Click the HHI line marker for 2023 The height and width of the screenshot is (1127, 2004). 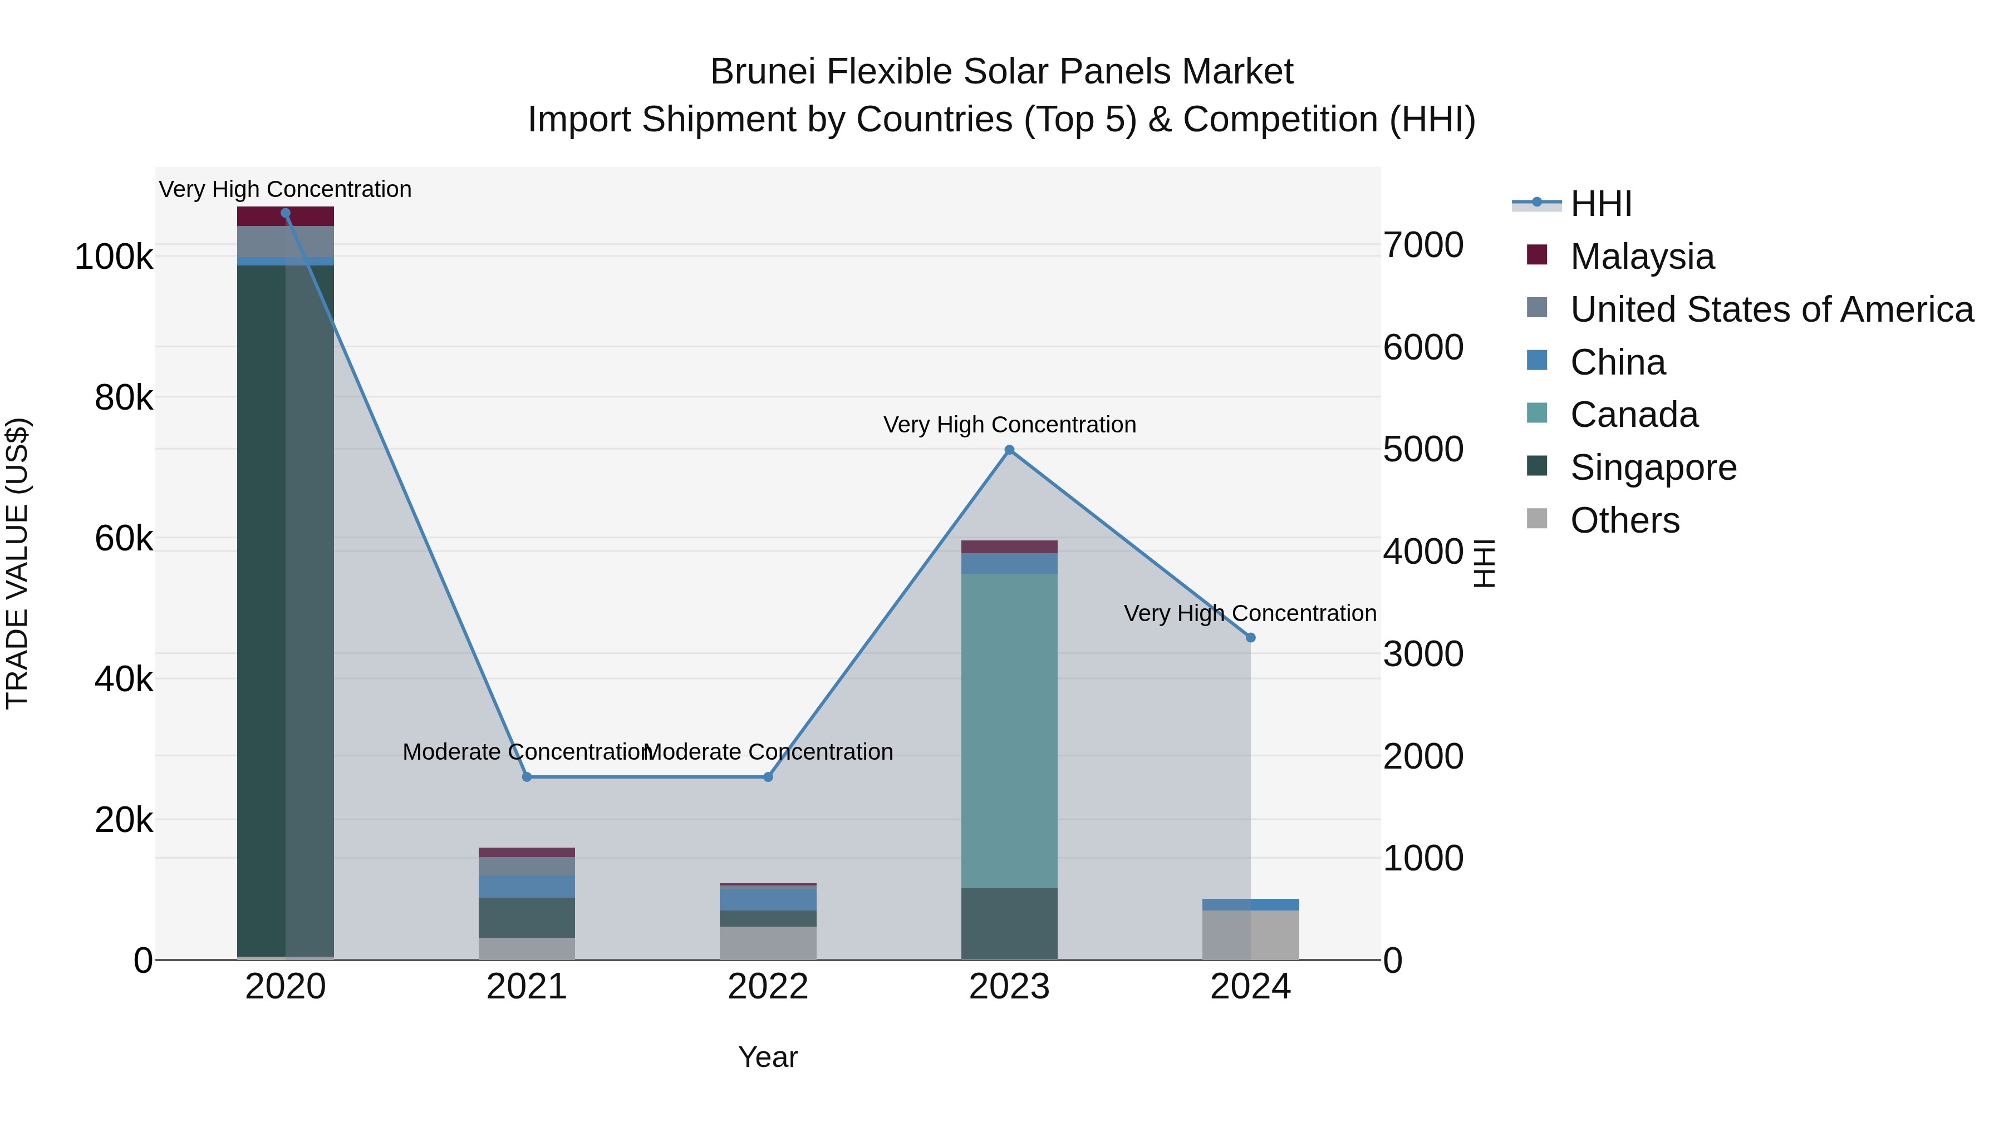1009,450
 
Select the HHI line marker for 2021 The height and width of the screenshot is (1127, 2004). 527,777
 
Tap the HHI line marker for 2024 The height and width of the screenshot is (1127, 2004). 1250,638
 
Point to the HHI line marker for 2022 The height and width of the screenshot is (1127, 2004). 768,777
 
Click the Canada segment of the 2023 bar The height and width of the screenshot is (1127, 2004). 1009,731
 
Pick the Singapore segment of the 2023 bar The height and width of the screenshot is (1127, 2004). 1009,924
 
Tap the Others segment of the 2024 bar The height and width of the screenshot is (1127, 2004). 1250,935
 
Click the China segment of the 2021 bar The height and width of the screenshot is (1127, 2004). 527,887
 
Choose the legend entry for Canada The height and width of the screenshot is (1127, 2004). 1634,415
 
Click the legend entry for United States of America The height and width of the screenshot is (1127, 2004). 1771,309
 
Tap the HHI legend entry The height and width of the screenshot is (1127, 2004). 1600,204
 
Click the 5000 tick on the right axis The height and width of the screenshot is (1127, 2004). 1423,450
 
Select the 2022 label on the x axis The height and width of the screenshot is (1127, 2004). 768,987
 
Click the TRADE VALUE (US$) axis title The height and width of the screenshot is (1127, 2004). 17,563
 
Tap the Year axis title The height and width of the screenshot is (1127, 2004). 768,1057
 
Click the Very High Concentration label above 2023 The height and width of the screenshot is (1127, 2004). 1009,425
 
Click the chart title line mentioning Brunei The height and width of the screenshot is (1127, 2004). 1001,72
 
